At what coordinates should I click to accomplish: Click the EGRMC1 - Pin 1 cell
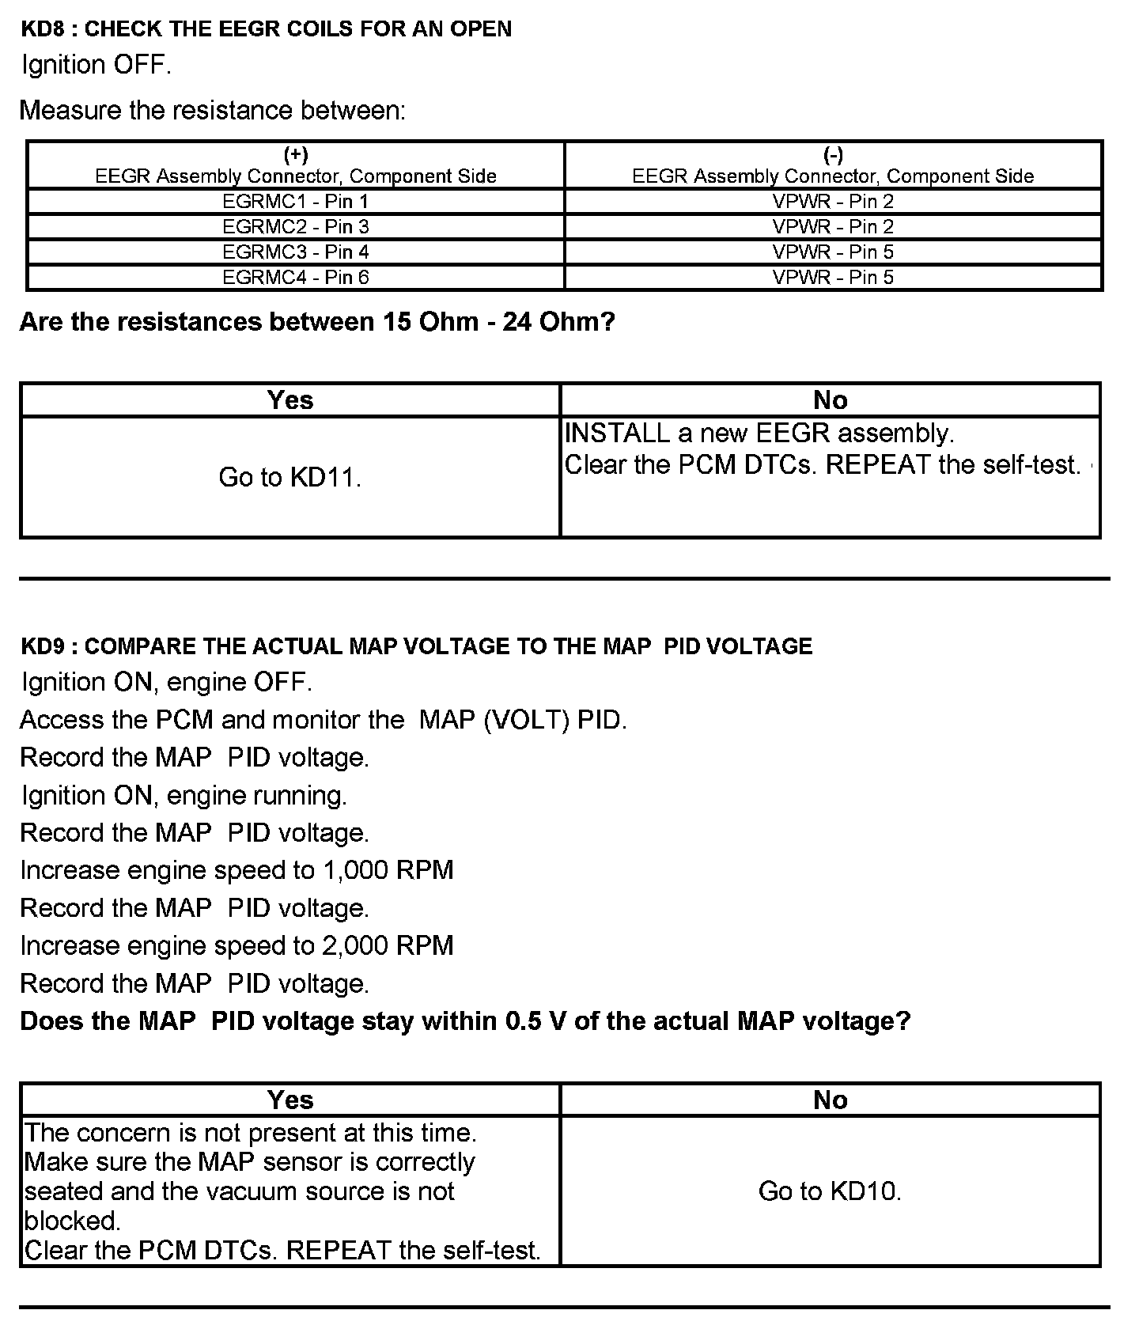pos(295,201)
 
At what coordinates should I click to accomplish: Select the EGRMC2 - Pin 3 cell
pos(295,226)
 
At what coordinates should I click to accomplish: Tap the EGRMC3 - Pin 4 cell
pos(295,252)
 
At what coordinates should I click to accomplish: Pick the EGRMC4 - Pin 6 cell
pos(295,277)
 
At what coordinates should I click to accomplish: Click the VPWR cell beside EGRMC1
pos(833,201)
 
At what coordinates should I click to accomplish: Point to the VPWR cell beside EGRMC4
pos(833,277)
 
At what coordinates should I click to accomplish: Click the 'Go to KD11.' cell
pos(289,477)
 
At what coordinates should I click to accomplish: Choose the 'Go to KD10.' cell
pos(830,1191)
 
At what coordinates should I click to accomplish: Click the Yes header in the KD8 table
pos(289,400)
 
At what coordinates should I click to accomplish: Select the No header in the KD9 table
pos(830,1100)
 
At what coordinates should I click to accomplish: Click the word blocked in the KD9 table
pos(71,1221)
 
